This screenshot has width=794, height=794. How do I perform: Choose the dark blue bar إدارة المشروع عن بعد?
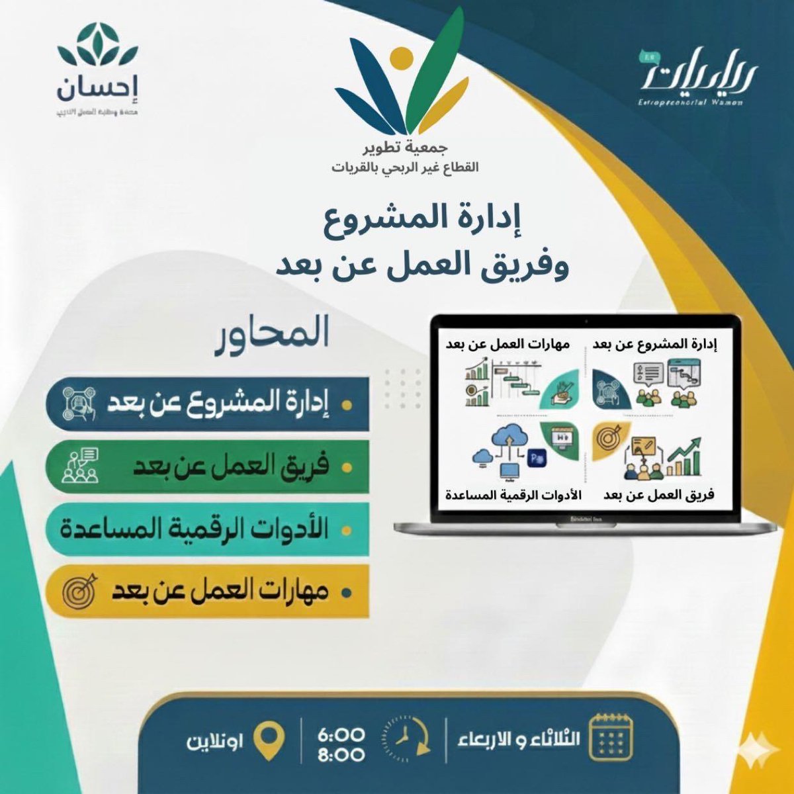tap(207, 404)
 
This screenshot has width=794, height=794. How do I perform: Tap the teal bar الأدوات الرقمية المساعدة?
tap(207, 529)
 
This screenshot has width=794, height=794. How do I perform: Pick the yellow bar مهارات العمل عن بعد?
tap(207, 591)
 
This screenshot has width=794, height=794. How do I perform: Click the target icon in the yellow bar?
tap(79, 591)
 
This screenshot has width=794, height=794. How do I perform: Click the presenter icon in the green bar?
tap(80, 466)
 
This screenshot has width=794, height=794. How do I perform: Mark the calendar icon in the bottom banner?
tap(611, 736)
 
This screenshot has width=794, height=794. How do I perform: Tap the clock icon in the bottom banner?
tap(405, 736)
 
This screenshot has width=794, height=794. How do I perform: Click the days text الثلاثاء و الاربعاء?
tap(518, 738)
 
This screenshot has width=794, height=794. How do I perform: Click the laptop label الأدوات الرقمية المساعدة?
tap(513, 495)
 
